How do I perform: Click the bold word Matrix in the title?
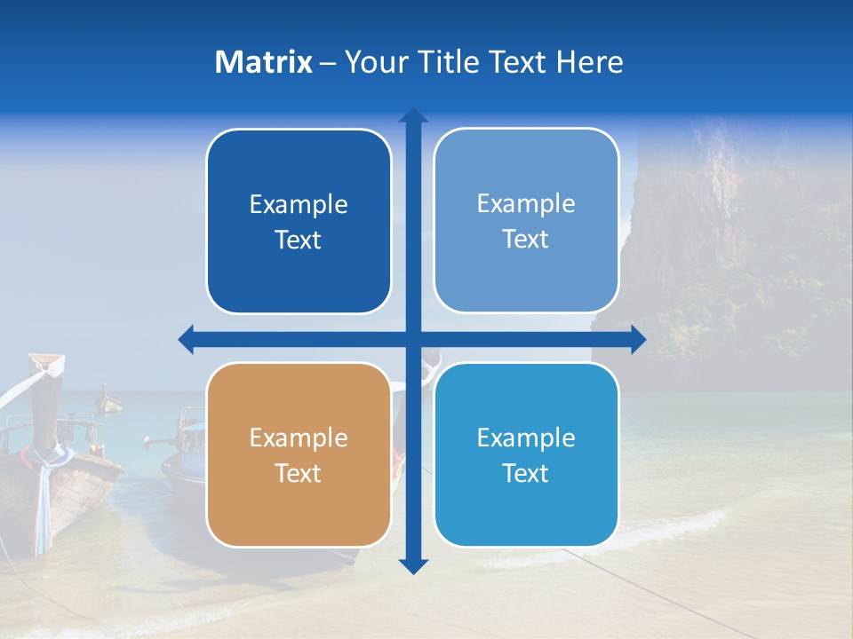coord(263,62)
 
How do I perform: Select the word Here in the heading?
coord(590,62)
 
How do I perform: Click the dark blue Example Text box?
coord(299,221)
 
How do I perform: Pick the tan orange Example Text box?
coord(299,454)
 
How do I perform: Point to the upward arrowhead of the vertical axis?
coord(413,116)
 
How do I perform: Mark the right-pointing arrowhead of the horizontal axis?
coord(637,339)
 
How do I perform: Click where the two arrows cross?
coord(413,339)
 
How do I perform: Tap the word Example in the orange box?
coord(299,438)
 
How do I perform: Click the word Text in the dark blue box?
coord(299,240)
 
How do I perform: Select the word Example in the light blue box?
coord(526,203)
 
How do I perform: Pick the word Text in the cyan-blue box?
coord(526,473)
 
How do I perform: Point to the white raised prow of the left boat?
coord(47,364)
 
